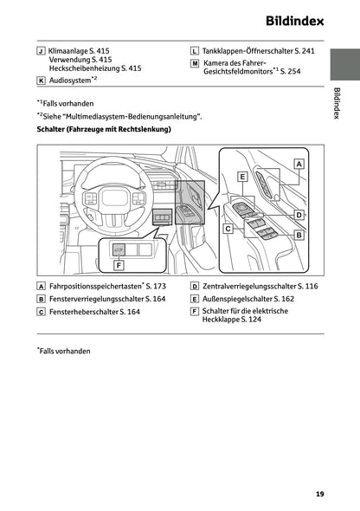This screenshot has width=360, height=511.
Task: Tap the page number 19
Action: pos(320,494)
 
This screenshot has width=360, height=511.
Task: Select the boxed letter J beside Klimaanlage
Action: pos(42,52)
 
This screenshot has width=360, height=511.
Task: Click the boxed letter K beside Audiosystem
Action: pos(42,80)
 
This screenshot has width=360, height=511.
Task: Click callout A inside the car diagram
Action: pos(299,163)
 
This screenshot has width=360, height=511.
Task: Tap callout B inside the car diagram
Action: pos(299,235)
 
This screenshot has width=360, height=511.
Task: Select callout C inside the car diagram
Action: pos(228,230)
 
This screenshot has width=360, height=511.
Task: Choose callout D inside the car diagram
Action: pos(298,214)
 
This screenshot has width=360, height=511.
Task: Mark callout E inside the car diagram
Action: pos(242,177)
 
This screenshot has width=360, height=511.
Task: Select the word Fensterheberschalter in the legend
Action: pos(83,311)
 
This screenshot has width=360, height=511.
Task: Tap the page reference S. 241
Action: pos(303,52)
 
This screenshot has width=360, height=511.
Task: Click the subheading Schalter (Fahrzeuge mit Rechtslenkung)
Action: pos(104,129)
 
